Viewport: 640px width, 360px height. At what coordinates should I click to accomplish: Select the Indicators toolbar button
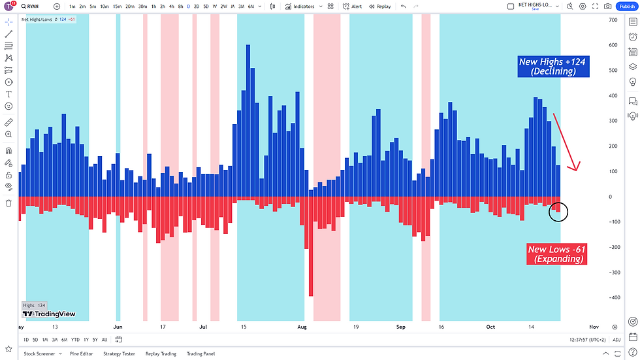[300, 6]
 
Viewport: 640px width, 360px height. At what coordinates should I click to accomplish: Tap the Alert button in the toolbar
[353, 6]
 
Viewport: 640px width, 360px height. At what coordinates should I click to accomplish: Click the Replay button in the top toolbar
[379, 6]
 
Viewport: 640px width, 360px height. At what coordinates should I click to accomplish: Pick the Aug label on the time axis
[302, 326]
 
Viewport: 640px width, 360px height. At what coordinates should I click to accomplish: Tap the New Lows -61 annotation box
[555, 254]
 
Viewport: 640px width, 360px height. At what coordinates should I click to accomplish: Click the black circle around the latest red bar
[558, 211]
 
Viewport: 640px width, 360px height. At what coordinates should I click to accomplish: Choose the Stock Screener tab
[39, 353]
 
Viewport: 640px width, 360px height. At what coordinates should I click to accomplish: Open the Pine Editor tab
[81, 353]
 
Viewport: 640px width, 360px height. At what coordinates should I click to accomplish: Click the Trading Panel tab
[200, 353]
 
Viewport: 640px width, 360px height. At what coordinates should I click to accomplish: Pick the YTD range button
[75, 340]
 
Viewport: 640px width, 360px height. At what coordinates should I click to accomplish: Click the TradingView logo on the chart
[49, 314]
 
